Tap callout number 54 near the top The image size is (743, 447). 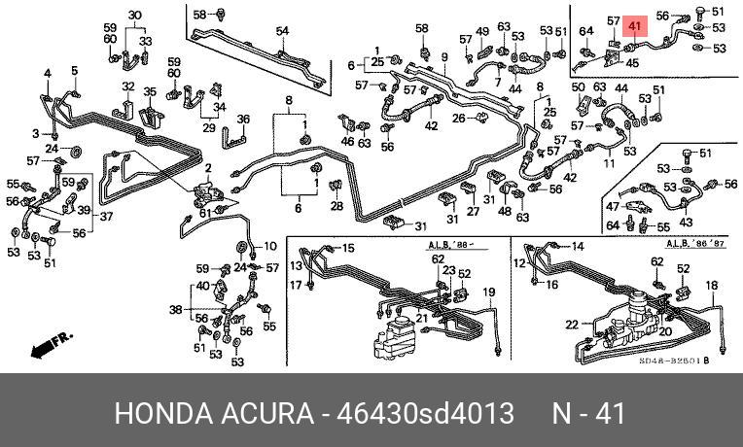pos(282,31)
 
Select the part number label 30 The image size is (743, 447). pos(134,15)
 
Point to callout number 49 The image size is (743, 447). pos(482,32)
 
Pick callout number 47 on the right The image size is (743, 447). pos(613,207)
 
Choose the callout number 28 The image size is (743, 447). pos(336,206)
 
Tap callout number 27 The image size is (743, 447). pos(473,212)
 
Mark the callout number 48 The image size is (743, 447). pos(505,211)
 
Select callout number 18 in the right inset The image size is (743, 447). pos(711,285)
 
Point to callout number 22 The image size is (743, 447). pos(572,324)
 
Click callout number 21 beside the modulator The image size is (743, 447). pos(422,319)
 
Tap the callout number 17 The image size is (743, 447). pos(295,285)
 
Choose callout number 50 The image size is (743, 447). pos(578,88)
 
